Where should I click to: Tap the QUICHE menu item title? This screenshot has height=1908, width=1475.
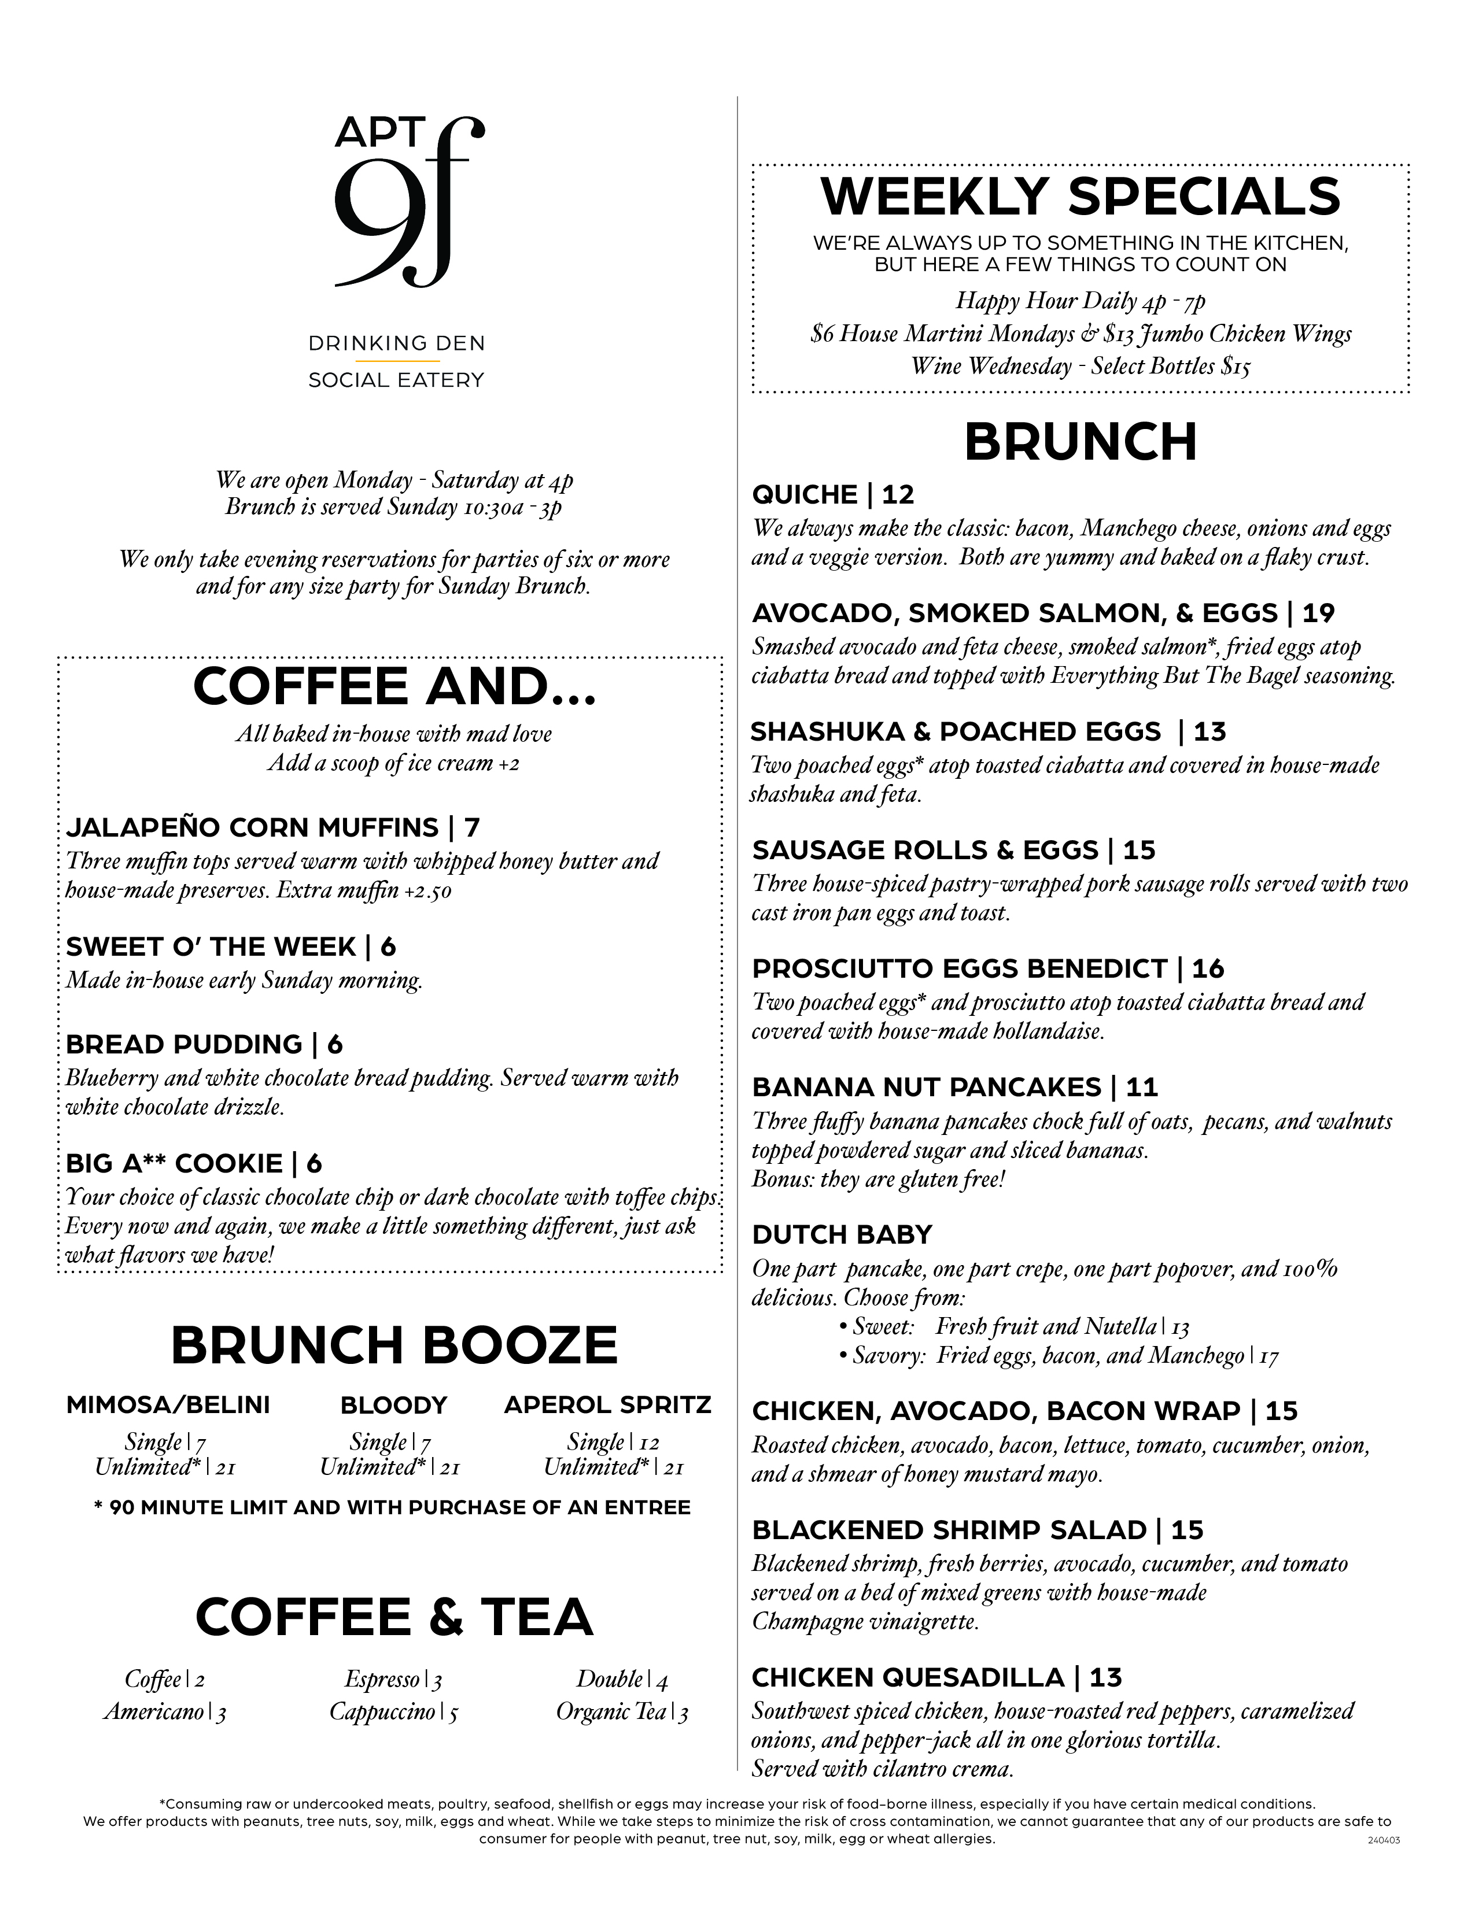[x=805, y=496]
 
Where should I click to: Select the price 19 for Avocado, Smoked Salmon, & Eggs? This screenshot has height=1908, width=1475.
[x=1319, y=613]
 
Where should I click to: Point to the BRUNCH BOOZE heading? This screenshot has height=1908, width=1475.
[x=394, y=1346]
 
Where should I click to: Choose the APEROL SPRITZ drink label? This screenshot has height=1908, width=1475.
[x=607, y=1405]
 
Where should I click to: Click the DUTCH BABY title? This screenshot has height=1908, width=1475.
[x=842, y=1234]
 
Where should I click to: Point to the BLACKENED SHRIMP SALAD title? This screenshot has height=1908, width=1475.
[x=949, y=1530]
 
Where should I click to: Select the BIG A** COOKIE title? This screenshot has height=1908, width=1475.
[x=174, y=1164]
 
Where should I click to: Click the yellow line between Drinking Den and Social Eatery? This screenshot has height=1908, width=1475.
[x=397, y=361]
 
